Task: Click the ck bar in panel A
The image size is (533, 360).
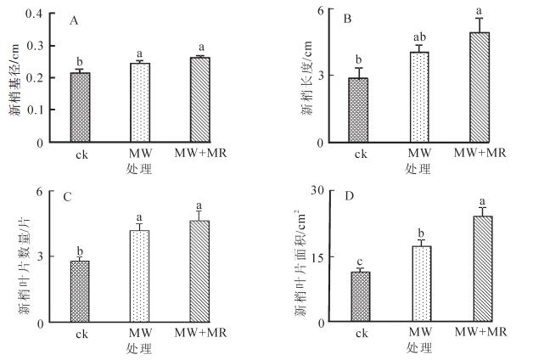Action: (80, 108)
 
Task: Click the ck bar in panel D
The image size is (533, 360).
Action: (361, 297)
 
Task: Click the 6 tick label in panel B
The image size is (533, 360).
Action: (322, 11)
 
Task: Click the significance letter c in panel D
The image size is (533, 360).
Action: (360, 261)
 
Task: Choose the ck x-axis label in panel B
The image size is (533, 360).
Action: (362, 155)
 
